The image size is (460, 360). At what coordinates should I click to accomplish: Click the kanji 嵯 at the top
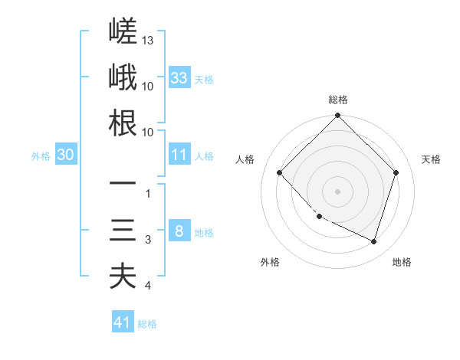pyautogui.click(x=123, y=31)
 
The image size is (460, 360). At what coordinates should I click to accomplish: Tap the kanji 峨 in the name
pyautogui.click(x=123, y=77)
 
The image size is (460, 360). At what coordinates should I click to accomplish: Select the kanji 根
pyautogui.click(x=123, y=123)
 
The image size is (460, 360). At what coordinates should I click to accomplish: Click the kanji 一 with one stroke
pyautogui.click(x=123, y=183)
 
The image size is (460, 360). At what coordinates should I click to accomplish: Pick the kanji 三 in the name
pyautogui.click(x=123, y=230)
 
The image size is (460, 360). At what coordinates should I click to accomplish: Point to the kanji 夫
pyautogui.click(x=123, y=276)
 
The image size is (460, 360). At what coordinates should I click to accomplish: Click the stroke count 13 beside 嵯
pyautogui.click(x=147, y=40)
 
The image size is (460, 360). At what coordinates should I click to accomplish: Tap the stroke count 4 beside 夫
pyautogui.click(x=148, y=285)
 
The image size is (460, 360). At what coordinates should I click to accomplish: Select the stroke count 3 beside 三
pyautogui.click(x=148, y=240)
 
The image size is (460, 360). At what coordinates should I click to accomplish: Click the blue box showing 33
pyautogui.click(x=179, y=77)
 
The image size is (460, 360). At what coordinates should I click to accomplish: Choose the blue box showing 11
pyautogui.click(x=179, y=154)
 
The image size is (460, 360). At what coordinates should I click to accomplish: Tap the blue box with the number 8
pyautogui.click(x=179, y=230)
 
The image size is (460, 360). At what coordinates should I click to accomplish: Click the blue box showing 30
pyautogui.click(x=66, y=154)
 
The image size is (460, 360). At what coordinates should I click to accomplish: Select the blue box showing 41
pyautogui.click(x=123, y=321)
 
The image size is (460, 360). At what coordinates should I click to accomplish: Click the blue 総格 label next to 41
pyautogui.click(x=147, y=324)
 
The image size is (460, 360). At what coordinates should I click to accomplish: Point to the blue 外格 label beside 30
pyautogui.click(x=41, y=156)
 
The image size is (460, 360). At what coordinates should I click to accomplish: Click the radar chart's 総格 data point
pyautogui.click(x=337, y=115)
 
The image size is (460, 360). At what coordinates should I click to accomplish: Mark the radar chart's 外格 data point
pyautogui.click(x=320, y=217)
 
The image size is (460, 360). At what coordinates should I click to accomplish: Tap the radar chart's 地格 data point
pyautogui.click(x=374, y=242)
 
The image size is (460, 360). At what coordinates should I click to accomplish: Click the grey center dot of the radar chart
pyautogui.click(x=337, y=191)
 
